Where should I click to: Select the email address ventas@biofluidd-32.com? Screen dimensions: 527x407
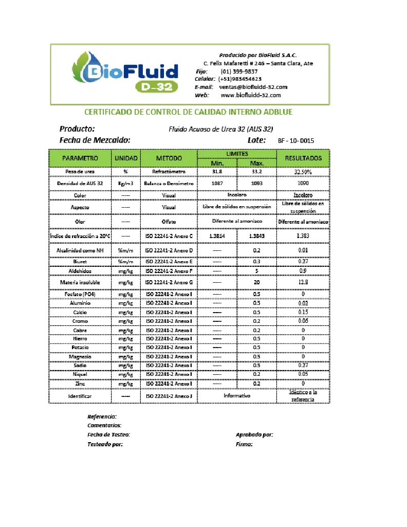coord(257,87)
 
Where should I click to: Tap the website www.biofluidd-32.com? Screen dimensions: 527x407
coord(251,95)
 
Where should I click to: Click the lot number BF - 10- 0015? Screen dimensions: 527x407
coord(296,140)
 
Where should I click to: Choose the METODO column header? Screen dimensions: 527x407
coord(169,158)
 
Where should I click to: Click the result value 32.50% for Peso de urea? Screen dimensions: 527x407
coord(303,172)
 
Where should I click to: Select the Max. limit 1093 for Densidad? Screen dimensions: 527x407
coord(256,183)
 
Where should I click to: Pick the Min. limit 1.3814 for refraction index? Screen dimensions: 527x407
coord(216,236)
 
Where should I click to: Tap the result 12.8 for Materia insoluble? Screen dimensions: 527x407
coord(303,282)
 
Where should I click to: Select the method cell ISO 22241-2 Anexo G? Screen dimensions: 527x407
coord(169,282)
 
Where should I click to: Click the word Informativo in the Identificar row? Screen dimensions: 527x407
coord(237,396)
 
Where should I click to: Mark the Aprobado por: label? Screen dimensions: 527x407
coord(254,434)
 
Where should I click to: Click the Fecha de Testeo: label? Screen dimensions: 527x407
coord(108,434)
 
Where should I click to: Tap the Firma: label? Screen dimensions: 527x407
coord(244,444)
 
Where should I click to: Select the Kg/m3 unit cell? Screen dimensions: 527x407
coord(125,183)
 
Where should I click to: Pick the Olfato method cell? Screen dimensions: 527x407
coord(169,222)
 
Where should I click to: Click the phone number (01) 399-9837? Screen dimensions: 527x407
coord(239,71)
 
